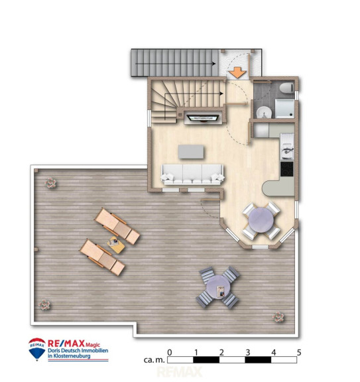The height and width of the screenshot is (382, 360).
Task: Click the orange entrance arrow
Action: pos(237,72)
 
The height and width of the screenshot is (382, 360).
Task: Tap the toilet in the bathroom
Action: pos(286,88)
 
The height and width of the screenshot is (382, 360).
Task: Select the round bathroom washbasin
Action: pos(264,112)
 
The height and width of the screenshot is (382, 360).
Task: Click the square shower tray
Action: pos(284,108)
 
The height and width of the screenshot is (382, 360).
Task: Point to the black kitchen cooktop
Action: pos(287,169)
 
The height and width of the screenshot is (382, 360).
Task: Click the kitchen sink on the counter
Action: pos(287,147)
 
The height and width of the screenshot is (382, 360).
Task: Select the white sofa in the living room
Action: pos(192,174)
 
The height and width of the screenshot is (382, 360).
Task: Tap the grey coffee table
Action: pos(191,152)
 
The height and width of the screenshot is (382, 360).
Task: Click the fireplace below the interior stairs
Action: pos(203,118)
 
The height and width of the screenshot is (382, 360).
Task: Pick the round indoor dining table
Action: pos(261,220)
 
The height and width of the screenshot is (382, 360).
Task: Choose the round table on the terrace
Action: pos(217,286)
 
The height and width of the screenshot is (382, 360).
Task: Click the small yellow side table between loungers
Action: pos(116,245)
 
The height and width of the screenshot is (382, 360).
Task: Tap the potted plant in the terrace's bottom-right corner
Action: pos(278,317)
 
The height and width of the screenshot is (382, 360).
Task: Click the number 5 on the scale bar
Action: pos(299,352)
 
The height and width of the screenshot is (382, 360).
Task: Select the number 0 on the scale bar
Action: pos(170,352)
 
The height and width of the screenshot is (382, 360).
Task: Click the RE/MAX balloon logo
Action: pos(37,349)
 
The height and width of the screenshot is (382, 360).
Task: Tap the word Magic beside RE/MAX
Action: pos(93,345)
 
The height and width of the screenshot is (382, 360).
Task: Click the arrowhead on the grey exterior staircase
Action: pos(213,64)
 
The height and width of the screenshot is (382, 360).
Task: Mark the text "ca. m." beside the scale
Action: pos(154,360)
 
